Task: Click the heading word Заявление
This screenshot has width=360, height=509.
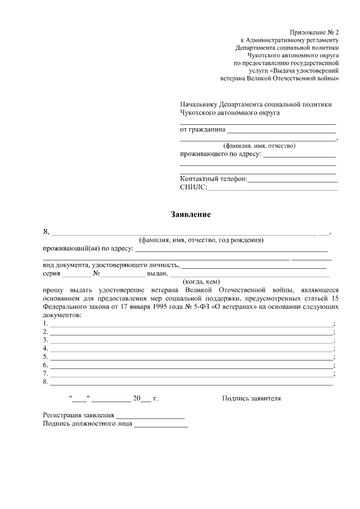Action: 191,214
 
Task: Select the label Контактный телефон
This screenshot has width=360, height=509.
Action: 213,179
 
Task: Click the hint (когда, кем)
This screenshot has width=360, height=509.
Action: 201,282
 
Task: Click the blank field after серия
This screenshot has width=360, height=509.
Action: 76,275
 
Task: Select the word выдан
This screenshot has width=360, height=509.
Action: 156,274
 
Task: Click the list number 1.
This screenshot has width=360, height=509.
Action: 45,324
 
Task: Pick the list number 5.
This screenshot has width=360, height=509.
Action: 45,357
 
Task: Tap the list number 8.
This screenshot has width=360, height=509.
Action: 45,382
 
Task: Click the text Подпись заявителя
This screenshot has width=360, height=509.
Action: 251,398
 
